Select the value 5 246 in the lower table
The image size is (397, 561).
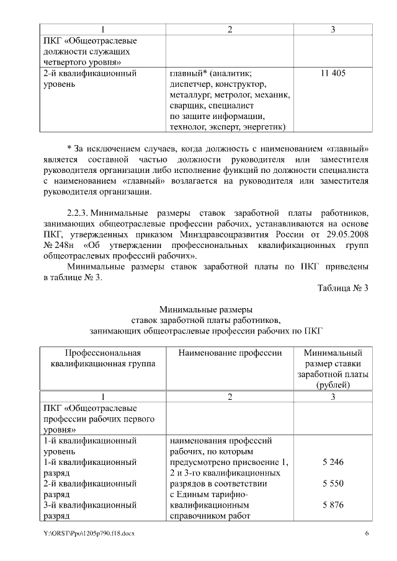point(333,462)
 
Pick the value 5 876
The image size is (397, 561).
point(333,505)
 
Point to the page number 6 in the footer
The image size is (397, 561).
point(367,534)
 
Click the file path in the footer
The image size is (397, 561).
point(88,534)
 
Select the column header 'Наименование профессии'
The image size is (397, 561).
point(230,353)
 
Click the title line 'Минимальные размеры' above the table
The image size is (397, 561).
point(206,309)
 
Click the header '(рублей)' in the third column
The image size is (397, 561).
point(333,384)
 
